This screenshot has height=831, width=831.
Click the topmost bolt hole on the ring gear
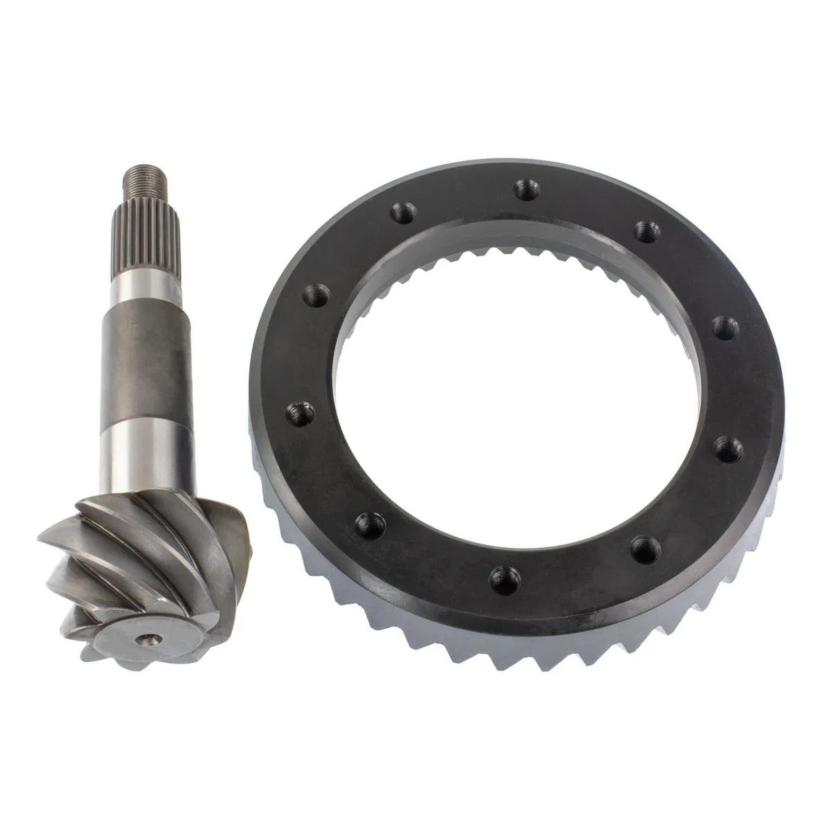pyautogui.click(x=526, y=186)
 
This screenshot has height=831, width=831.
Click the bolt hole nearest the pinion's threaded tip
pyautogui.click(x=400, y=211)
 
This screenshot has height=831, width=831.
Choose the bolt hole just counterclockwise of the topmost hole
pyautogui.click(x=400, y=211)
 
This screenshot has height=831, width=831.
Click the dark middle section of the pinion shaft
pyautogui.click(x=147, y=360)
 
